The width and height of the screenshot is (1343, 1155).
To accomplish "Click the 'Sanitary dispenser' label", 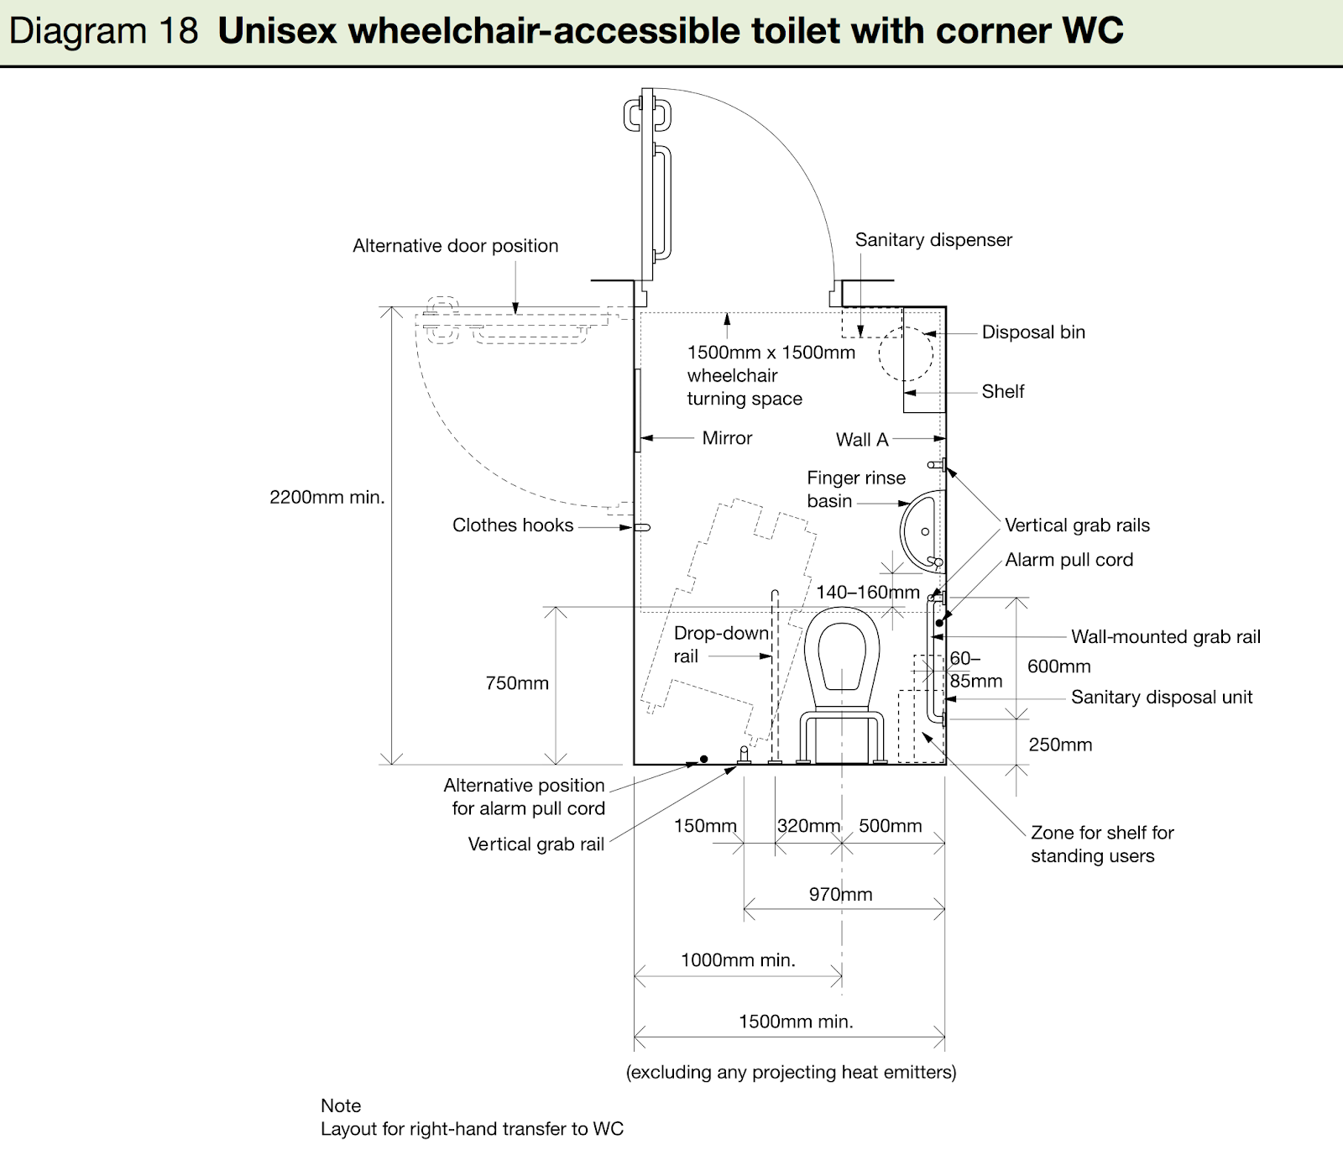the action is (933, 240).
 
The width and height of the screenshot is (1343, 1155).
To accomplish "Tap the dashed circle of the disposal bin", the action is (881, 354).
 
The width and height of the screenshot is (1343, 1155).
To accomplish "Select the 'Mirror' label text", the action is (727, 438).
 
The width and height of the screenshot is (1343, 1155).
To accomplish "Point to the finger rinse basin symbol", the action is (901, 531).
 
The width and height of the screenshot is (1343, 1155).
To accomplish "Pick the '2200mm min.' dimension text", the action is (327, 497).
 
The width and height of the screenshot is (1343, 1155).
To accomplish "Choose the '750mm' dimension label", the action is (517, 683).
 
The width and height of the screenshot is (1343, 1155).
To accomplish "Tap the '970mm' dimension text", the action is (840, 895).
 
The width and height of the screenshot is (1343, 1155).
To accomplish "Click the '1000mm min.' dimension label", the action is (738, 960).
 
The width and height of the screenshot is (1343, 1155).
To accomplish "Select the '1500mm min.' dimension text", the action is (796, 1022).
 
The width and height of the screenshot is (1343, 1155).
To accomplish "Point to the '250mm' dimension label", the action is (1060, 745).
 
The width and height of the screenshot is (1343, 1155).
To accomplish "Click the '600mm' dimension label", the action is (1059, 666).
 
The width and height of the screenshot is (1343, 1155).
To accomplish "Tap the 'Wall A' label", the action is (862, 440).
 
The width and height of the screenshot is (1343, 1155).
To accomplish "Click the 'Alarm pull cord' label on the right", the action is (1069, 560).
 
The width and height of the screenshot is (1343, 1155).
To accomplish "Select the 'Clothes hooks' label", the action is (513, 525).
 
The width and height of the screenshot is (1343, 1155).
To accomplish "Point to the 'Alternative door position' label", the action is (456, 246).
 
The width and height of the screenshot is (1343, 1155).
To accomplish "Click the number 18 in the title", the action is (177, 31).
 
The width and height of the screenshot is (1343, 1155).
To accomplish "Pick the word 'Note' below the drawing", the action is (341, 1105).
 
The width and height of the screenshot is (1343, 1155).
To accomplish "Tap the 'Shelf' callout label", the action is (1003, 391).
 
